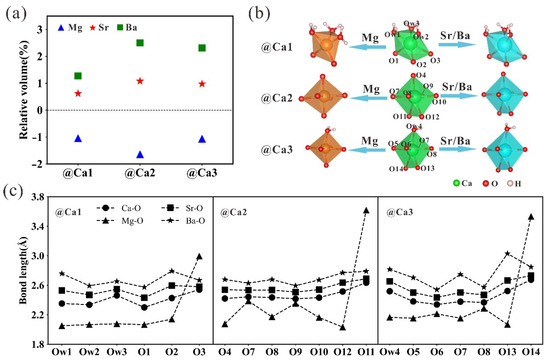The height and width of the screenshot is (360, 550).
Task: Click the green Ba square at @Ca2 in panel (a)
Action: [139, 43]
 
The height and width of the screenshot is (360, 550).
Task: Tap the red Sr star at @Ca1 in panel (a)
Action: [78, 94]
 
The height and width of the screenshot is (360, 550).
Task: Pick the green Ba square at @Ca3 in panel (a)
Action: [202, 48]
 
